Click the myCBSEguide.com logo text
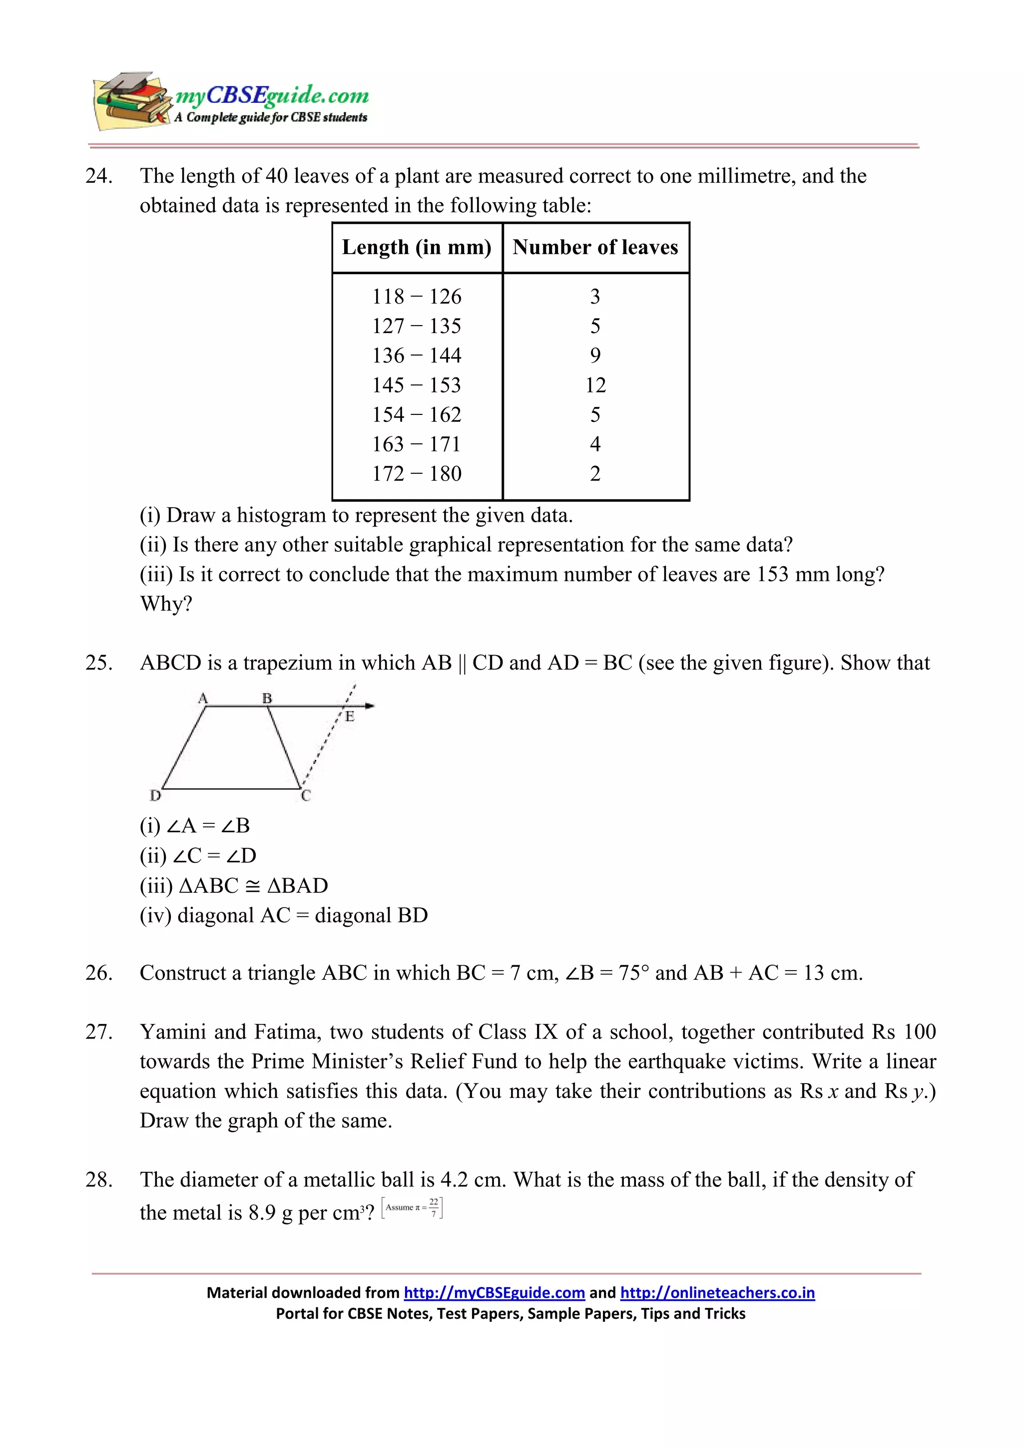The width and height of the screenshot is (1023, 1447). tap(272, 95)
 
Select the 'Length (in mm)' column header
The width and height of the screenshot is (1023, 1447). tap(417, 247)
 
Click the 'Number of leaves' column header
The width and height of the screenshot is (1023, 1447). tap(595, 247)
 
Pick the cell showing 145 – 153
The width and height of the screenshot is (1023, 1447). tap(417, 385)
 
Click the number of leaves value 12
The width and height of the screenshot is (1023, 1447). tap(595, 385)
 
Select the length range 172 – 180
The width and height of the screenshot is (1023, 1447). tap(417, 474)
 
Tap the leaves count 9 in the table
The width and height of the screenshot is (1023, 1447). tap(595, 356)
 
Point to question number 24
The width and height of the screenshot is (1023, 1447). tap(98, 176)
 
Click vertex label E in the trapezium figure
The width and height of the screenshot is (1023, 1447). tap(350, 717)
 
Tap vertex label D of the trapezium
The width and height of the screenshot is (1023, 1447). tap(155, 796)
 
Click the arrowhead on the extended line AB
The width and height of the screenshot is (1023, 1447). tap(370, 706)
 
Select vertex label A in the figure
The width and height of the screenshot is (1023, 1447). tap(203, 698)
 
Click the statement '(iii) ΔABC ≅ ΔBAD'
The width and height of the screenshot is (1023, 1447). tap(234, 885)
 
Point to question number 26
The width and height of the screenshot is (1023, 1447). tap(98, 973)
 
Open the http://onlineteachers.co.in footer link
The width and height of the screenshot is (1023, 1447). tap(717, 1293)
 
